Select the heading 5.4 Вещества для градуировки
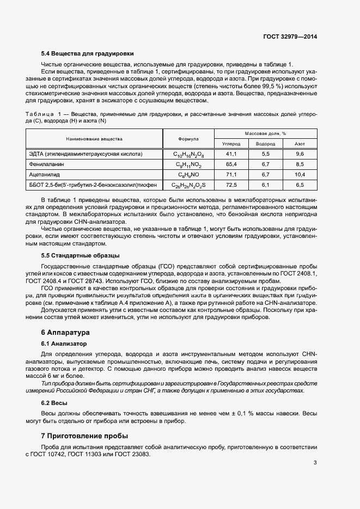pyautogui.click(x=87, y=53)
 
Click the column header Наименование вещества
pyautogui.click(x=95, y=139)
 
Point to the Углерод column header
pyautogui.click(x=231, y=144)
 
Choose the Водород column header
pyautogui.click(x=265, y=144)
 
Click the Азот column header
pyautogui.click(x=300, y=144)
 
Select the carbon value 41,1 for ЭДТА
pyautogui.click(x=231, y=155)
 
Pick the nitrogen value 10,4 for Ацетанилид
pyautogui.click(x=300, y=175)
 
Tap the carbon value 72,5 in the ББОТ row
pyautogui.click(x=231, y=185)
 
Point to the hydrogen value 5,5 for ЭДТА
pyautogui.click(x=265, y=155)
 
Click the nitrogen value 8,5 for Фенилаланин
pyautogui.click(x=300, y=164)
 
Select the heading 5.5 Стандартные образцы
pyautogui.click(x=81, y=255)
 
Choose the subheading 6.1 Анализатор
pyautogui.click(x=64, y=344)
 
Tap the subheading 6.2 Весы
pyautogui.click(x=54, y=403)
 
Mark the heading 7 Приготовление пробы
pyautogui.click(x=84, y=436)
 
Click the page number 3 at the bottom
pyautogui.click(x=315, y=463)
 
